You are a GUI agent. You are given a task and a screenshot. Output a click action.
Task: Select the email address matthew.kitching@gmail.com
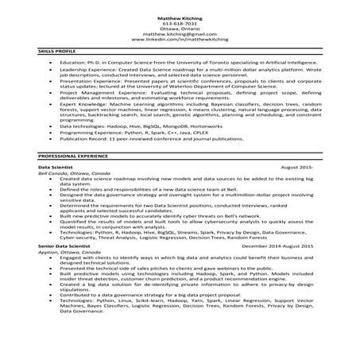[179, 35]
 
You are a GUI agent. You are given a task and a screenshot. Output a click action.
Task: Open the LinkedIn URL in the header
[179, 41]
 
